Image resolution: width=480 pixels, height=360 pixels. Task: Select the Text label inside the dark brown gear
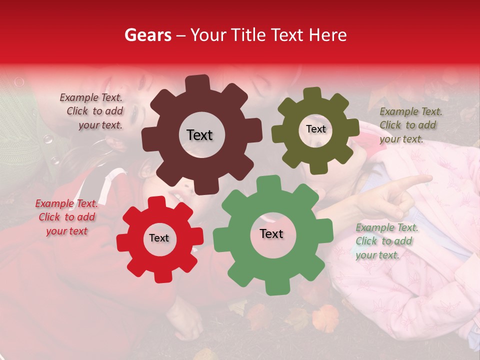(x=199, y=135)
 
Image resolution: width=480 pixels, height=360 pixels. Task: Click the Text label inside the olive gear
(x=315, y=129)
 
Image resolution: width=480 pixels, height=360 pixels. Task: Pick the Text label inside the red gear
(x=159, y=238)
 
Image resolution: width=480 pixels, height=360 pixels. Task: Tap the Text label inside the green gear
(x=271, y=233)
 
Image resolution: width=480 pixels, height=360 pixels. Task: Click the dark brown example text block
(x=93, y=111)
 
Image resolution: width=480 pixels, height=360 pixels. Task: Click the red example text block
(x=66, y=217)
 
